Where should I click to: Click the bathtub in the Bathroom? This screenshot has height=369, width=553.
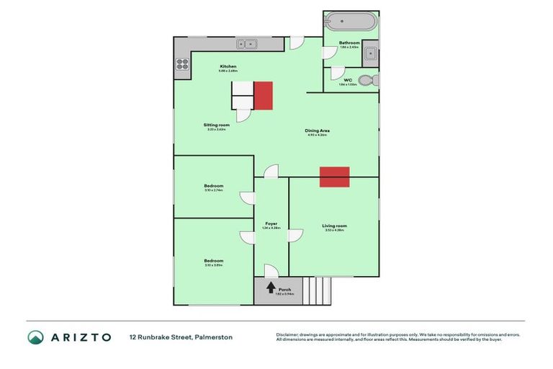[351, 21]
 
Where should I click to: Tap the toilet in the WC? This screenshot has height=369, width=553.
[365, 80]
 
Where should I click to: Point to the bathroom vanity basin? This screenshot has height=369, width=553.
[371, 51]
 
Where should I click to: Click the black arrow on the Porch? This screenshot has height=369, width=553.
[271, 288]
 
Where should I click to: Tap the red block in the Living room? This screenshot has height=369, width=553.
[335, 177]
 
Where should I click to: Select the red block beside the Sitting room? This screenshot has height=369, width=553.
[264, 95]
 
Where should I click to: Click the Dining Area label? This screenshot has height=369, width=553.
[318, 130]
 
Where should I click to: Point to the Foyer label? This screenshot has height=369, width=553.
[271, 223]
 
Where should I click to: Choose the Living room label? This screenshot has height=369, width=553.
[334, 226]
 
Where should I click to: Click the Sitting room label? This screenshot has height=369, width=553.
[216, 125]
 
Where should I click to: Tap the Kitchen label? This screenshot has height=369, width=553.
[228, 66]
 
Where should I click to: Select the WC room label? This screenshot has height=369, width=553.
[347, 80]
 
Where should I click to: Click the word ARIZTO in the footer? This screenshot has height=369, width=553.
[81, 337]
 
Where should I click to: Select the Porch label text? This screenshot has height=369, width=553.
[285, 289]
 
